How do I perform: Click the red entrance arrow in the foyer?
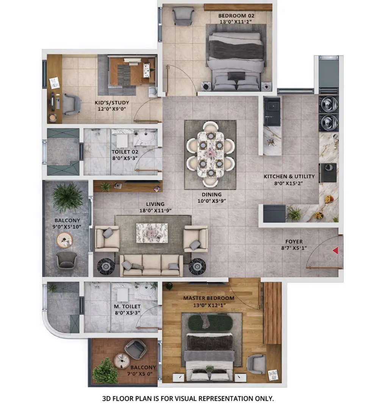click(x=335, y=250)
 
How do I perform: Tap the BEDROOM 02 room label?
click(x=236, y=16)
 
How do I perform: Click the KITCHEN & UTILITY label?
click(x=289, y=176)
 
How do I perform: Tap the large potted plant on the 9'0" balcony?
click(x=67, y=196)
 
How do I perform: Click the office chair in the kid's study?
click(x=71, y=103)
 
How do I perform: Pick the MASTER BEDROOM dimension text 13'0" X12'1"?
click(x=209, y=305)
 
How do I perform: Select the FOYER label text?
click(x=294, y=242)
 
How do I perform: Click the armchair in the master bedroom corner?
click(x=256, y=364)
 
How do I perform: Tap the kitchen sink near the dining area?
click(x=272, y=110)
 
